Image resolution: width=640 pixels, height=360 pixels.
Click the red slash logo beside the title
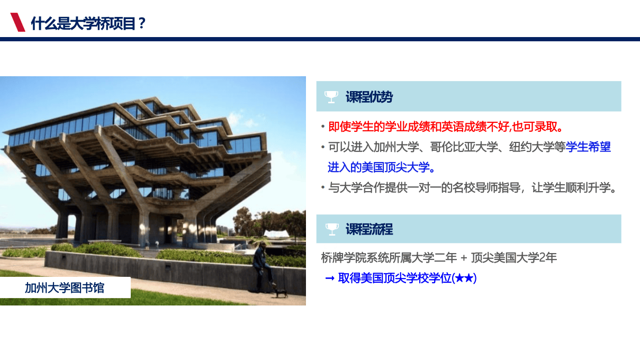click(17, 22)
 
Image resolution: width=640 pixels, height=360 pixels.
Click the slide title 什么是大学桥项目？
click(88, 23)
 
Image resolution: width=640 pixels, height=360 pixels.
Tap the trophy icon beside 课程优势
click(331, 97)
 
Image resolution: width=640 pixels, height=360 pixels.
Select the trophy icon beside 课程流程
click(332, 229)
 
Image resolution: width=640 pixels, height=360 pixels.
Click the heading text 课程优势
click(369, 97)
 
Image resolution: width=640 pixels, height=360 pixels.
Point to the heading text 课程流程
click(369, 229)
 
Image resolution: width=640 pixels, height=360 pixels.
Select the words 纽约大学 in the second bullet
click(531, 147)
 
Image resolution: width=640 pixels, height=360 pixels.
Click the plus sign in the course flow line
click(464, 258)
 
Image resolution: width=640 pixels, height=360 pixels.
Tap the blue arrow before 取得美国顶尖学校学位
click(330, 278)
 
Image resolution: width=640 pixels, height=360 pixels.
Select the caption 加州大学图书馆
click(65, 287)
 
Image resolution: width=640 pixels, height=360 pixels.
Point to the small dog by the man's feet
click(281, 293)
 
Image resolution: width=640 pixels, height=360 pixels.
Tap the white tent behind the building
click(276, 233)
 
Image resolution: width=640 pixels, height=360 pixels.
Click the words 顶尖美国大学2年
click(514, 258)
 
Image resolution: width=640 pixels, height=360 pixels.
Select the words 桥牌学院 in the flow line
click(344, 258)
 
